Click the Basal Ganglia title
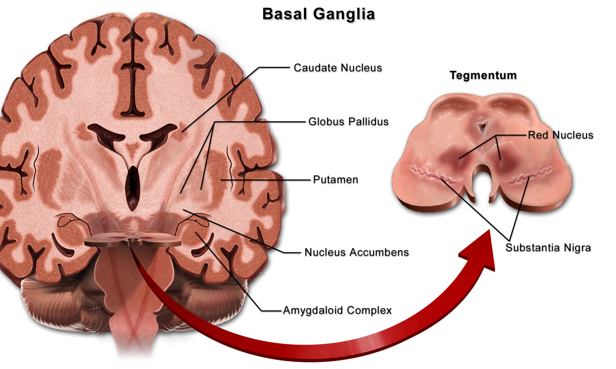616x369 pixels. pos(318,14)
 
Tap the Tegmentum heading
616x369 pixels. pos(483,75)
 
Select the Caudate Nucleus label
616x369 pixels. pos(338,68)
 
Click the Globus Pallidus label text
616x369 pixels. pos(348,122)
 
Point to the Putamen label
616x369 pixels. pos(335,180)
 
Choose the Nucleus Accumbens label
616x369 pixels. pos(357,252)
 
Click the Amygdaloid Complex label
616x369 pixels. pos(337,310)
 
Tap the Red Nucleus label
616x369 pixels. pos(560,135)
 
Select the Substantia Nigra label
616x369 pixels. pos(548,248)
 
